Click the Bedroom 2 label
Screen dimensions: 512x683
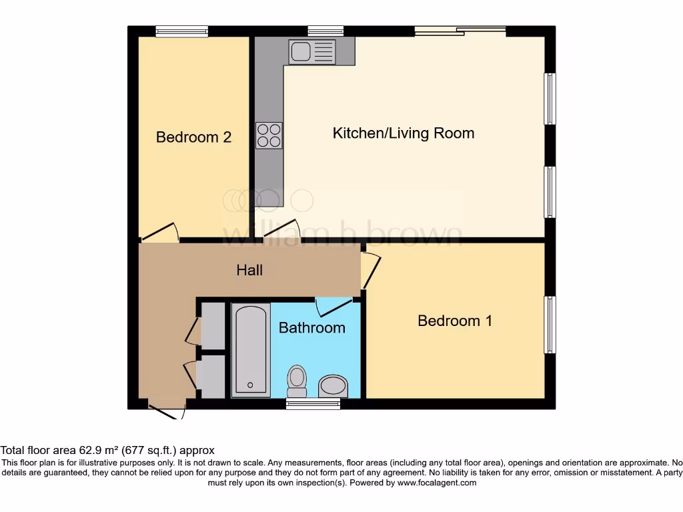coord(193,137)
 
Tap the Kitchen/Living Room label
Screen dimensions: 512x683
coord(404,133)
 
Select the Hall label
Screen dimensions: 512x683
coord(249,270)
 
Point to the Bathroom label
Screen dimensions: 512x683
coord(311,327)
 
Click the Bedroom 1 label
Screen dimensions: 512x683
coord(455,321)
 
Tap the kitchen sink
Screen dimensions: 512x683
coord(311,51)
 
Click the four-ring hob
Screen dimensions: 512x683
coord(269,135)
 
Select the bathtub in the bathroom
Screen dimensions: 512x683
coord(251,349)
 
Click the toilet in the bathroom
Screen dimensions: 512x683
coord(297,380)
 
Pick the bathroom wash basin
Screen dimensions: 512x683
coord(333,385)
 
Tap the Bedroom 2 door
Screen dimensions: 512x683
coord(160,231)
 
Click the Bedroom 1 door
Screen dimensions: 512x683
coord(371,270)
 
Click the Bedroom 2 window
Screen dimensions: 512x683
coord(181,31)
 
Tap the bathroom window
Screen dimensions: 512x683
coord(313,403)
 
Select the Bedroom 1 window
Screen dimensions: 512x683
coord(550,325)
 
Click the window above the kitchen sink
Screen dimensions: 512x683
coord(325,31)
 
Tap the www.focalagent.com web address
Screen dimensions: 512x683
coord(438,483)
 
